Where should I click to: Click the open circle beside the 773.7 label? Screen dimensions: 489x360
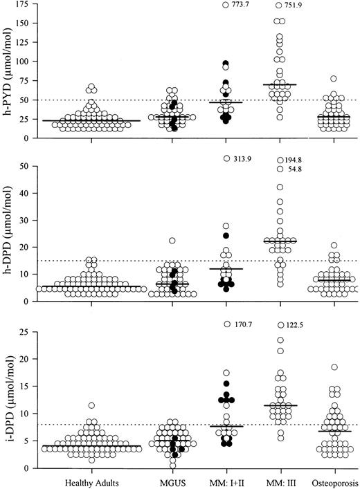pos(226,6)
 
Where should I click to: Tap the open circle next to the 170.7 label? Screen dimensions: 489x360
pos(226,324)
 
